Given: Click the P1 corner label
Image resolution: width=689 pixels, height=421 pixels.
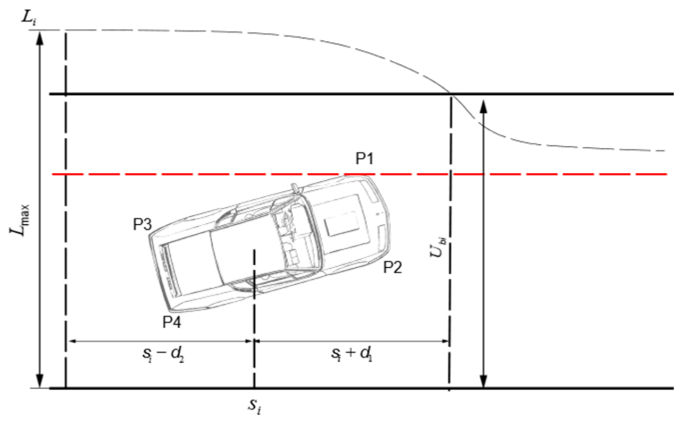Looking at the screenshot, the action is click(x=365, y=158).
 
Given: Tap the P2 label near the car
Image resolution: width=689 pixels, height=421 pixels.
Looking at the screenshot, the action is click(x=393, y=267).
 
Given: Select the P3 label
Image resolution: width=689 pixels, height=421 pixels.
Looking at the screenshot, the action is click(x=143, y=224).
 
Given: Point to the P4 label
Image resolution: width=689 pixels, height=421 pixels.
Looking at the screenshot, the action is click(x=172, y=322).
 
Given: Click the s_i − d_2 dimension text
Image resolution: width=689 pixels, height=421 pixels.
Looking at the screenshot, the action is click(x=163, y=354).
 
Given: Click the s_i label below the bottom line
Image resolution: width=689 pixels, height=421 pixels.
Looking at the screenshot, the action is click(x=255, y=406).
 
